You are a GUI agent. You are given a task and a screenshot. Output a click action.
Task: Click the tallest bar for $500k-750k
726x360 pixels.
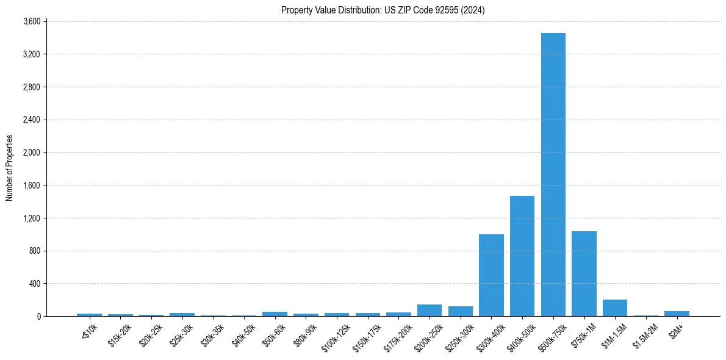(x=553, y=175)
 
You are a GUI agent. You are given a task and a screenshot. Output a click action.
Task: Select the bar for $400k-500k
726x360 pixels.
(x=522, y=256)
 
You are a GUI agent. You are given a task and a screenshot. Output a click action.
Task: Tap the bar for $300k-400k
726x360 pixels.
(x=491, y=275)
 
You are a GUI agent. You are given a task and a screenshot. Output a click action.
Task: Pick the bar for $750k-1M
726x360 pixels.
(x=584, y=274)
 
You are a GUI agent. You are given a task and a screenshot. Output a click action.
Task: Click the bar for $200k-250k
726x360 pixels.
(x=429, y=311)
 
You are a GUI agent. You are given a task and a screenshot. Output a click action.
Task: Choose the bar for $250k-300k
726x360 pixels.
(x=461, y=311)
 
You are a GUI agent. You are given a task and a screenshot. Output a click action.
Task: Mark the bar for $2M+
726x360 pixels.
(x=677, y=314)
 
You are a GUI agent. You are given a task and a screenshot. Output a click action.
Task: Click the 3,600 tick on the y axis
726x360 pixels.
(x=31, y=21)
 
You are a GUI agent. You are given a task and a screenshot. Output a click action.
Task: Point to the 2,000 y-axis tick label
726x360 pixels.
(x=31, y=153)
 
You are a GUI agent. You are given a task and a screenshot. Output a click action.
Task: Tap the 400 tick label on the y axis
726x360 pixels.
(x=34, y=284)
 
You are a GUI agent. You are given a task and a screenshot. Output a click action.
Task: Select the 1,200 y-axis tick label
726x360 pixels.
(x=31, y=218)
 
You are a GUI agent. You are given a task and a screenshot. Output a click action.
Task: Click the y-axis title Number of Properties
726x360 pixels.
(x=10, y=168)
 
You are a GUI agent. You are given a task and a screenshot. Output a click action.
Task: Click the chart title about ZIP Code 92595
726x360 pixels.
(x=383, y=10)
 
